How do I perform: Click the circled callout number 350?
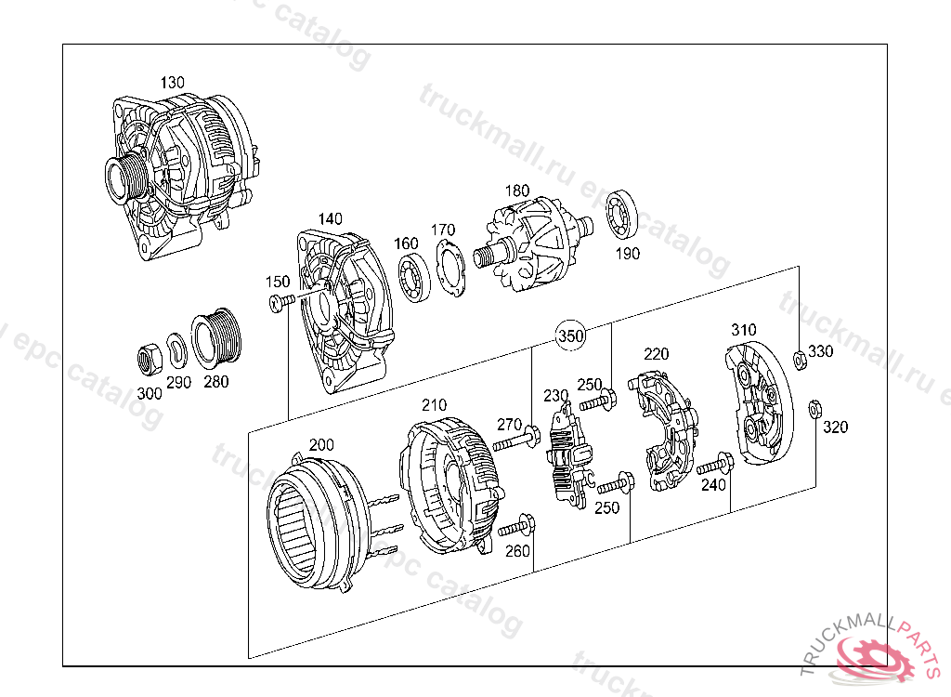point(571,336)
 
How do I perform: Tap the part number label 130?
point(172,83)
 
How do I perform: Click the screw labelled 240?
point(715,464)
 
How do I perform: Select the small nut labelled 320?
point(814,407)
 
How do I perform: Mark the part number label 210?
point(434,405)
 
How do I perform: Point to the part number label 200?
point(321,445)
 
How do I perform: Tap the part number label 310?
point(743,330)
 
